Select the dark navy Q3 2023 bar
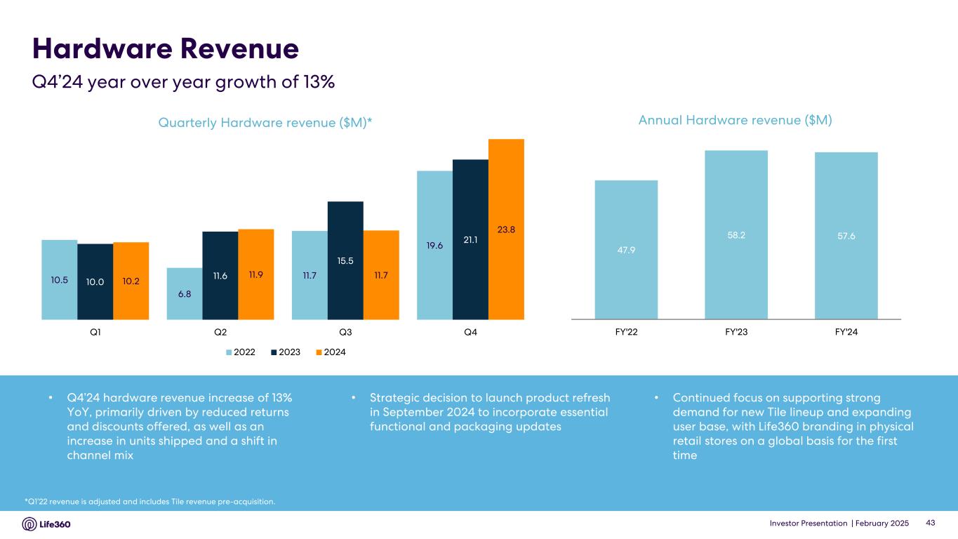tap(345, 260)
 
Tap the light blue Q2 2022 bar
tap(185, 294)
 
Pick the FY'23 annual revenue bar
tap(736, 235)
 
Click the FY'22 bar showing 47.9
tap(626, 250)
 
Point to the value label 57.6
tap(846, 236)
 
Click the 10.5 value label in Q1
tap(60, 281)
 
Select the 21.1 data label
tap(470, 240)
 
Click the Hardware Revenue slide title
tap(166, 49)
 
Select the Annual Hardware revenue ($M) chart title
tap(735, 120)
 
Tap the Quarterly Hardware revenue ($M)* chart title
tap(265, 122)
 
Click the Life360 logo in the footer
tap(46, 524)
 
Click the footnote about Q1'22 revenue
tap(149, 501)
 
